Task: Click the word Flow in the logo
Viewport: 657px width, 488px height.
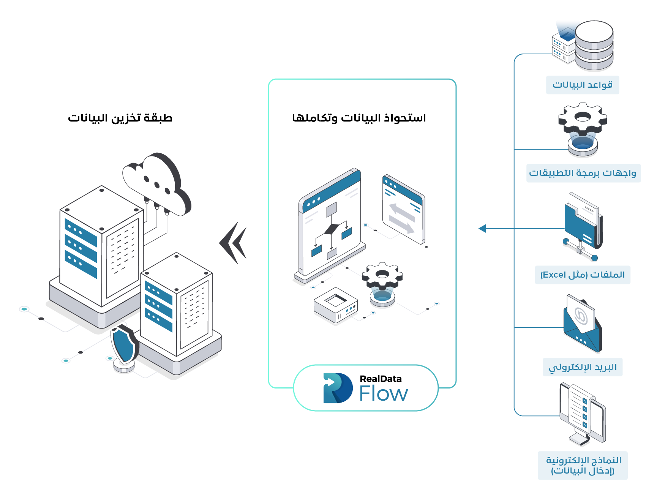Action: pos(384,394)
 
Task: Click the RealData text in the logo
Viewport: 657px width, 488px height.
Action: pos(381,379)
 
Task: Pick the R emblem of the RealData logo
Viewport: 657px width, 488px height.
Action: pos(337,388)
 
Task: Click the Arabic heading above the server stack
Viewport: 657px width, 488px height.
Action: pos(120,118)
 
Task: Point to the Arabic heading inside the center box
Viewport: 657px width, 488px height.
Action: pos(359,118)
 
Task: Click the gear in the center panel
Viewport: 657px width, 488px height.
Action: pos(382,276)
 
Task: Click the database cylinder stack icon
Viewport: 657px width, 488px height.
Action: pos(594,46)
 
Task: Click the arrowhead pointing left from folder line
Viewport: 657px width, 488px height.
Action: pos(482,228)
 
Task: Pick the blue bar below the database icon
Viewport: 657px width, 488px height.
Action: pos(582,85)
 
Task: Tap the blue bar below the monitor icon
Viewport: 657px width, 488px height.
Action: pos(582,465)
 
